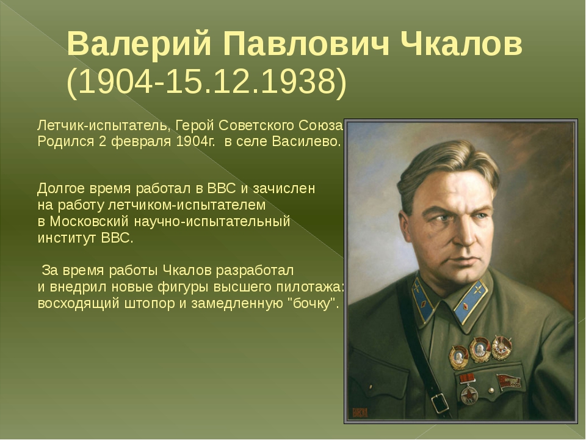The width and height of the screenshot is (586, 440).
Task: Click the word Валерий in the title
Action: pyautogui.click(x=139, y=45)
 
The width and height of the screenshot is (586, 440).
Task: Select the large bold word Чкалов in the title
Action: pyautogui.click(x=461, y=43)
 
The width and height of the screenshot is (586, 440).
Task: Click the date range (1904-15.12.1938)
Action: pyautogui.click(x=207, y=81)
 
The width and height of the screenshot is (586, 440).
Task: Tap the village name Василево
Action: pyautogui.click(x=306, y=142)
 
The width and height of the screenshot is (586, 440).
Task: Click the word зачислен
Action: pyautogui.click(x=284, y=188)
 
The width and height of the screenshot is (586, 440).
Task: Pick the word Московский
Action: pyautogui.click(x=89, y=221)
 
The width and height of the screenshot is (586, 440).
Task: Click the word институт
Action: pyautogui.click(x=67, y=238)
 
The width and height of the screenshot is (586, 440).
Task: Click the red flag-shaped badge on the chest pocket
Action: pyautogui.click(x=508, y=381)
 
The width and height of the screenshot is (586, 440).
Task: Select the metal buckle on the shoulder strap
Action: pyautogui.click(x=440, y=403)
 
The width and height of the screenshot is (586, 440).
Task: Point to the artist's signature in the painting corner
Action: pyautogui.click(x=360, y=413)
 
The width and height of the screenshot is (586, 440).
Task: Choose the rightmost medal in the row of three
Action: pyautogui.click(x=502, y=348)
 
